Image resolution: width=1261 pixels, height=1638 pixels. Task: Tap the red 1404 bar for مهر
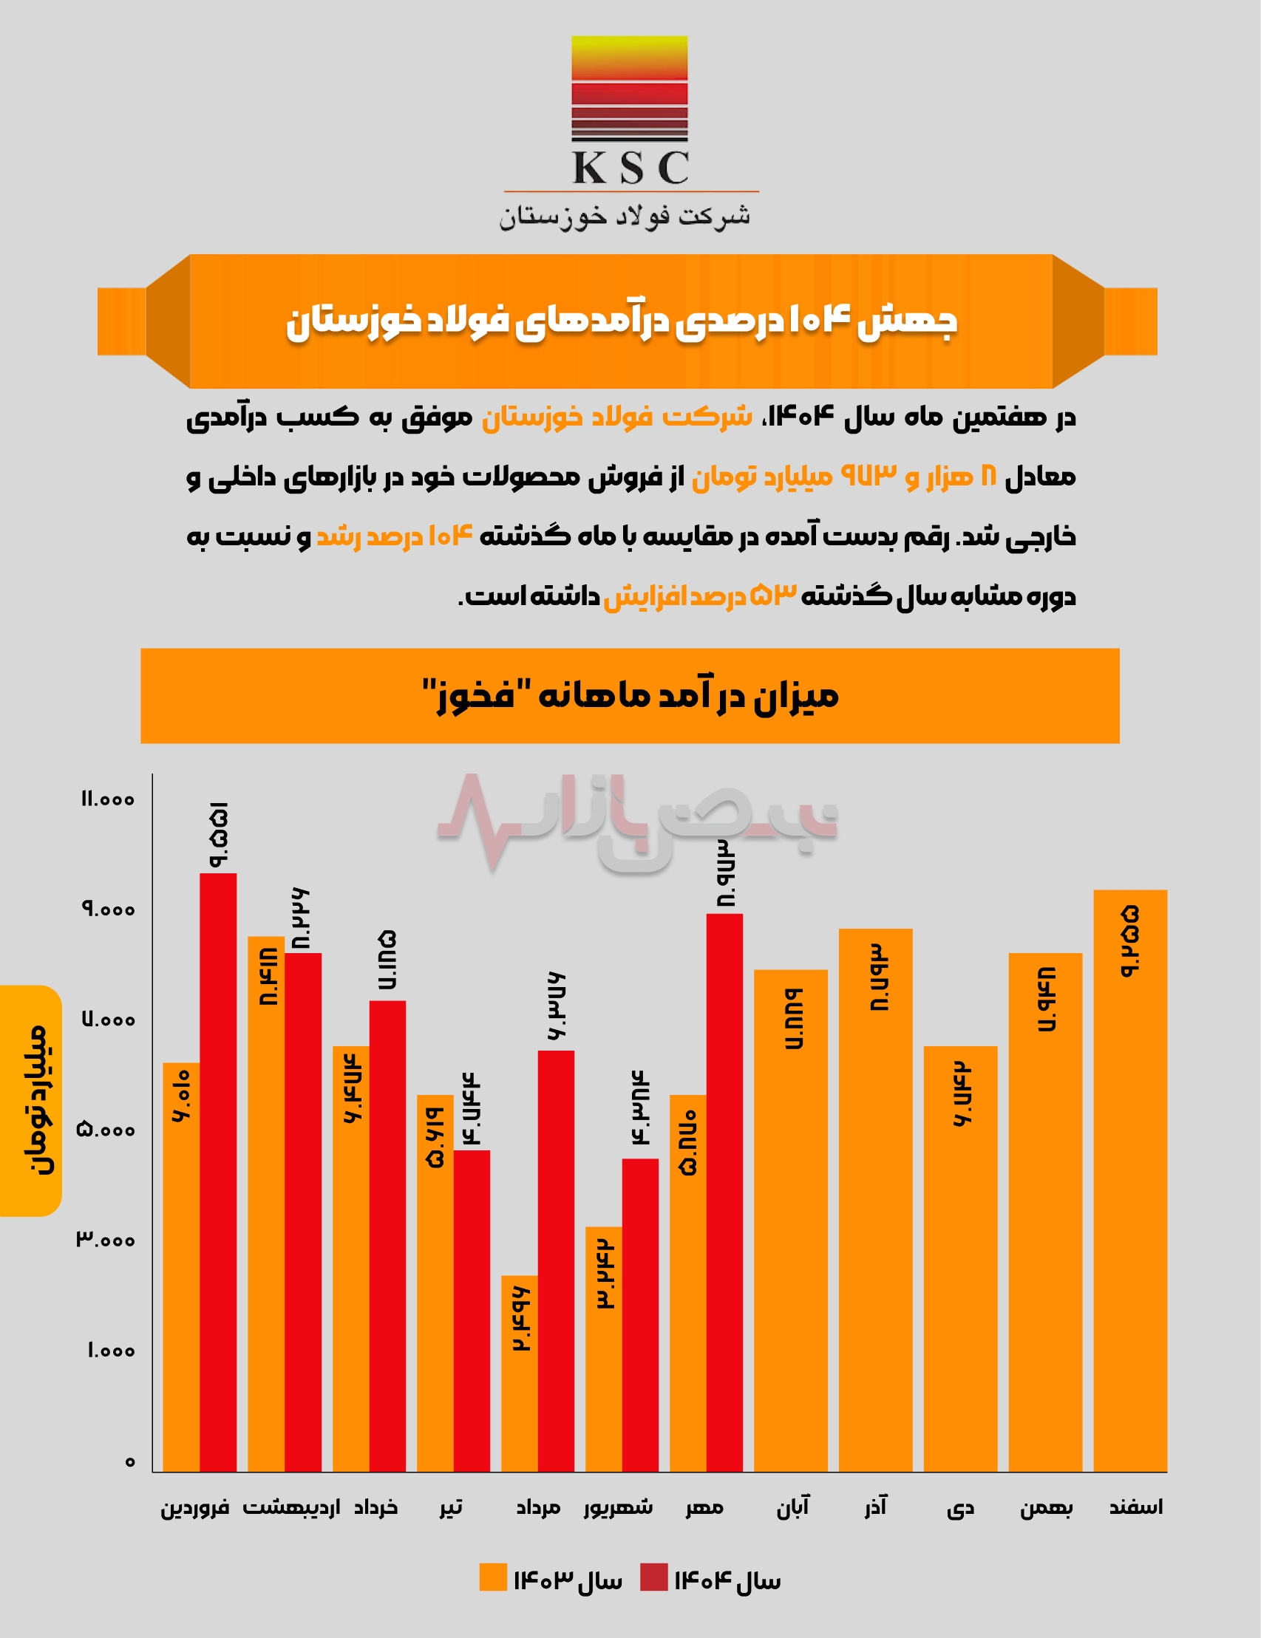[724, 1192]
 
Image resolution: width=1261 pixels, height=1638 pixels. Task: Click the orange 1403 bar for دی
[960, 1260]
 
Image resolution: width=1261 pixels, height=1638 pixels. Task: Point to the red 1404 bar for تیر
[471, 1312]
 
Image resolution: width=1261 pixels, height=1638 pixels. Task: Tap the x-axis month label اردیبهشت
[291, 1507]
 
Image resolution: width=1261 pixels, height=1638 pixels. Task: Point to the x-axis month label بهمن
[1046, 1507]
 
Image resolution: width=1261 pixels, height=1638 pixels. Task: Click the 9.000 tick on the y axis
[108, 909]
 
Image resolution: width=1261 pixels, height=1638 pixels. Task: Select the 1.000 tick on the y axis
[111, 1351]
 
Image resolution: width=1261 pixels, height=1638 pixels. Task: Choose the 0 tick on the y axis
[130, 1461]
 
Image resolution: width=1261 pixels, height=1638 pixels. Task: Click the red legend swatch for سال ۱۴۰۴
[653, 1577]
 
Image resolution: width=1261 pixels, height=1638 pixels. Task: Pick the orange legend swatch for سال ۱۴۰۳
[493, 1577]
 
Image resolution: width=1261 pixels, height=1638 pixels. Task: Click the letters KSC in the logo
[630, 167]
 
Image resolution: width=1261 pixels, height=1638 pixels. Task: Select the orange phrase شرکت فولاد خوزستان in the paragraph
[616, 417]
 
